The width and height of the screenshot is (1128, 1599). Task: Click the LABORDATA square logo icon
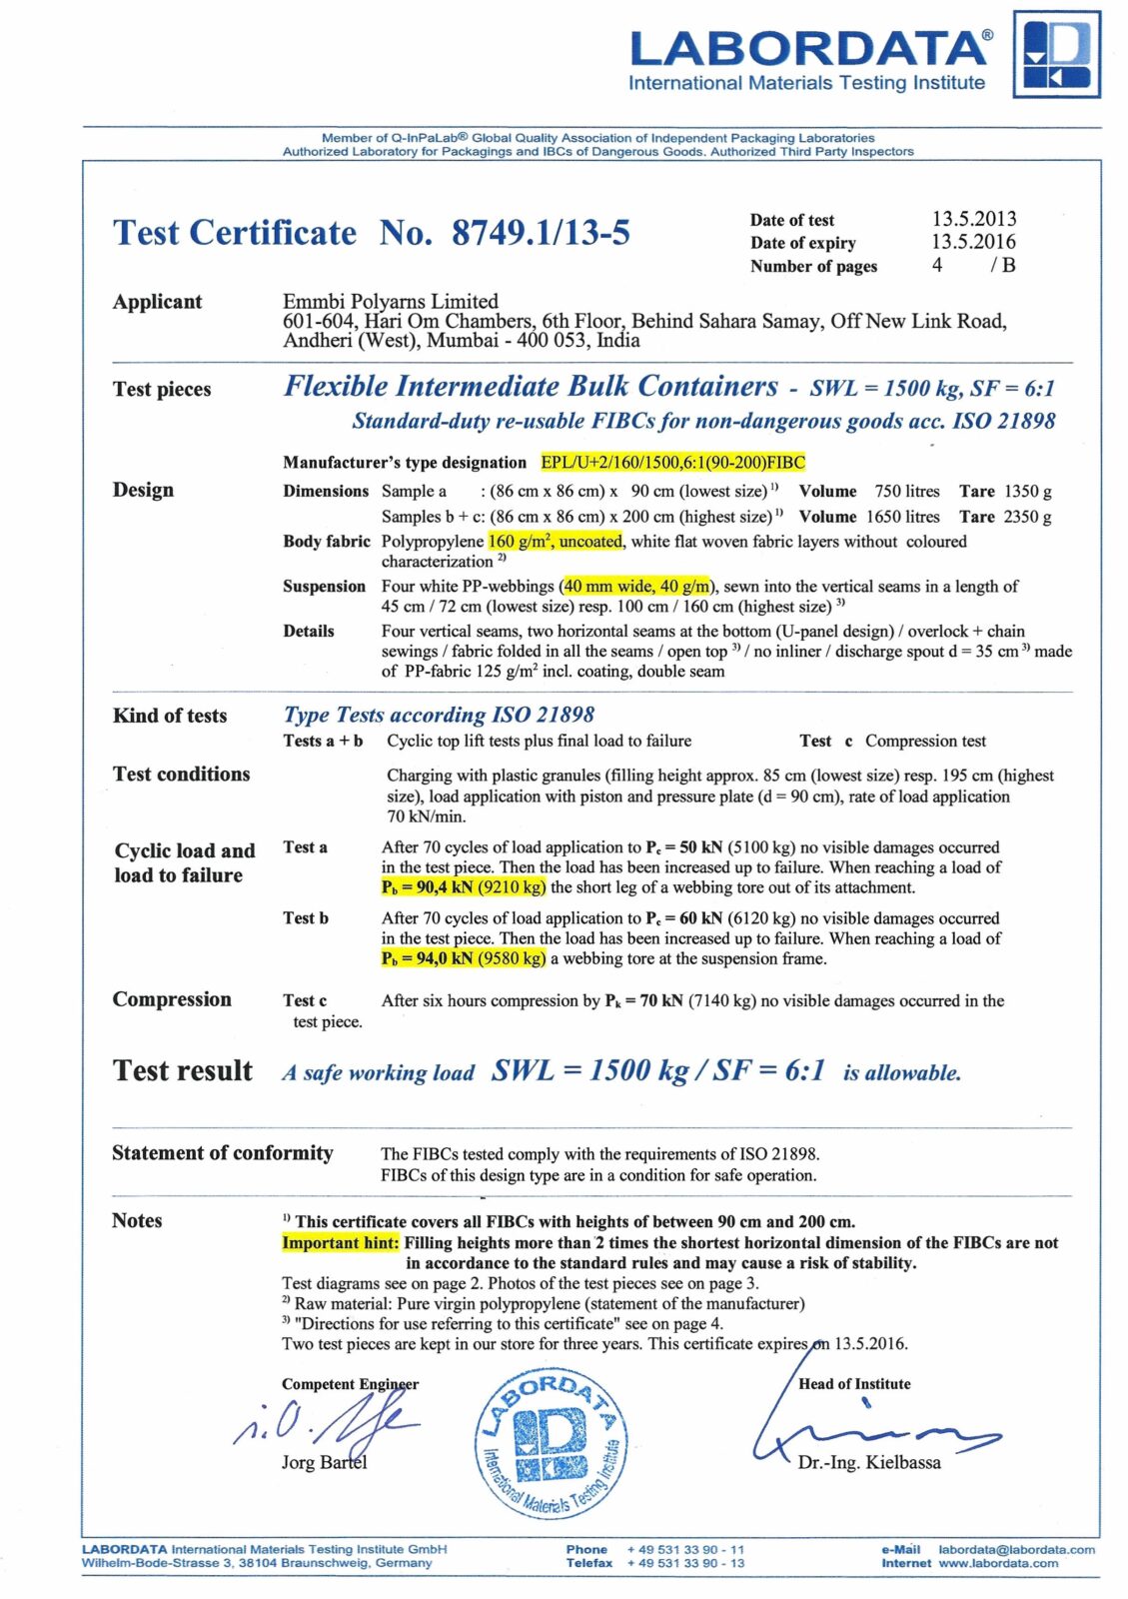click(1057, 54)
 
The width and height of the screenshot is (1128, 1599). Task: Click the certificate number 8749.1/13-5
click(541, 233)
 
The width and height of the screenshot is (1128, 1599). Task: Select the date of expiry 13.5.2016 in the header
click(973, 242)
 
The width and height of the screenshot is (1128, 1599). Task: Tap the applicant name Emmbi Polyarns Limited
click(391, 301)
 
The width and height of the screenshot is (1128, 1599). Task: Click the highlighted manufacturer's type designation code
click(672, 462)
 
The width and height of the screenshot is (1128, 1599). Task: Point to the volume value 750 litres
click(907, 491)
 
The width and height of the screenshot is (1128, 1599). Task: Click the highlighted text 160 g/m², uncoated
click(556, 542)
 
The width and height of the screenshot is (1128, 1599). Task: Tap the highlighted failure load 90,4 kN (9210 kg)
click(464, 887)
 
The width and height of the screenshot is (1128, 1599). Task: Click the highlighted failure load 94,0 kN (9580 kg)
click(464, 958)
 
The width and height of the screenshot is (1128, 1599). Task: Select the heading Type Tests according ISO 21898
click(439, 715)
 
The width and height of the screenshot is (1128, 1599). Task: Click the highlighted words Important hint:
click(341, 1242)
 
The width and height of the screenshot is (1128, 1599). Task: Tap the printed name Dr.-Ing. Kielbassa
click(869, 1462)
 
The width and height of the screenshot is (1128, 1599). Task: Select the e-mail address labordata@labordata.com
click(1016, 1549)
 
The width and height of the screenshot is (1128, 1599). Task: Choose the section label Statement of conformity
click(222, 1152)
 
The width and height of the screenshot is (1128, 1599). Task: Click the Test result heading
click(183, 1071)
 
